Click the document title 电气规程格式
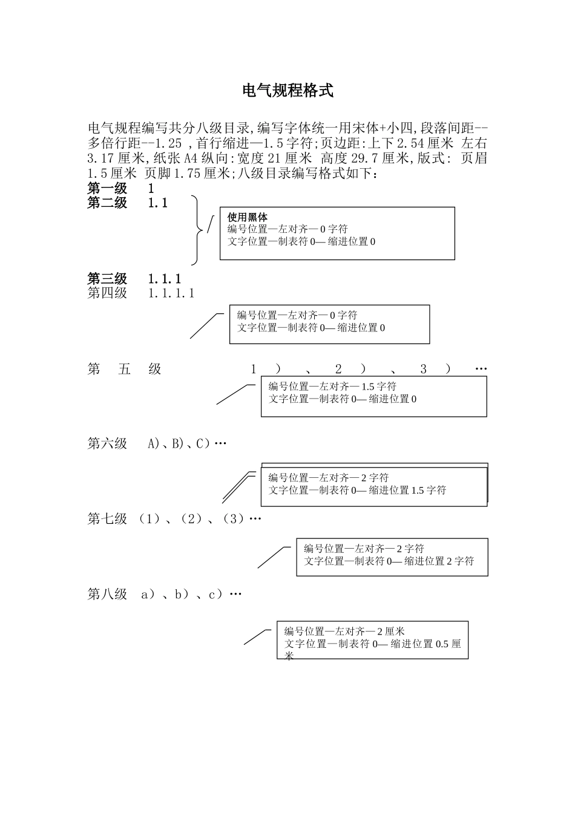pyautogui.click(x=287, y=91)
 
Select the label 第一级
pyautogui.click(x=107, y=188)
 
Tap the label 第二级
pyautogui.click(x=107, y=203)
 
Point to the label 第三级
pyautogui.click(x=107, y=279)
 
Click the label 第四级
pyautogui.click(x=107, y=293)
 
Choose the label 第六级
pyautogui.click(x=107, y=443)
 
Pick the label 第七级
pyautogui.click(x=107, y=518)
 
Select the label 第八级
pyautogui.click(x=107, y=594)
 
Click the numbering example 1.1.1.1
pyautogui.click(x=171, y=293)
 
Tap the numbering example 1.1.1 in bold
pyautogui.click(x=165, y=279)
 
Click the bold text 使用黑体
pyautogui.click(x=248, y=217)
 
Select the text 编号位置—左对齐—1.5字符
pyautogui.click(x=332, y=387)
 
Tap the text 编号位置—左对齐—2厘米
pyautogui.click(x=344, y=632)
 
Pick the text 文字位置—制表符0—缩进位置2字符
pyautogui.click(x=389, y=561)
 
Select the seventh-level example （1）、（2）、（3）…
pyautogui.click(x=200, y=518)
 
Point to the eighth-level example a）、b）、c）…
pyautogui.click(x=191, y=594)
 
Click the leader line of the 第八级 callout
pyautogui.click(x=257, y=637)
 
